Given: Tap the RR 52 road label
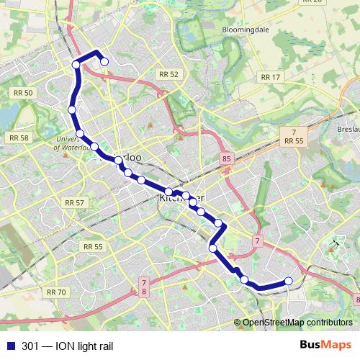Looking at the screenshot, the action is click(x=168, y=74).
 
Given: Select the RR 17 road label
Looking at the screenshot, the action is click(x=271, y=77).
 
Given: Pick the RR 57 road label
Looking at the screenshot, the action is click(x=75, y=203).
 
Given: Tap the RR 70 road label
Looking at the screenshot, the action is click(x=55, y=292).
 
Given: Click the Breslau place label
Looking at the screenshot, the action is click(x=347, y=130).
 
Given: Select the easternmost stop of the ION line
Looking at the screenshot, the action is click(x=289, y=281).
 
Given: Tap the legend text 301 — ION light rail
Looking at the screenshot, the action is click(x=68, y=346).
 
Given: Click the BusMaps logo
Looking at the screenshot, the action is click(x=325, y=346).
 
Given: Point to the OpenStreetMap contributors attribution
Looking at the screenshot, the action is click(x=297, y=323).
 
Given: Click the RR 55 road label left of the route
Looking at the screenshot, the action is click(x=93, y=246).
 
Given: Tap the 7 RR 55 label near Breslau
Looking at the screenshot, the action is click(x=293, y=137).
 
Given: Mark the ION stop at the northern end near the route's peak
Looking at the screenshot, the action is click(x=104, y=62).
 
